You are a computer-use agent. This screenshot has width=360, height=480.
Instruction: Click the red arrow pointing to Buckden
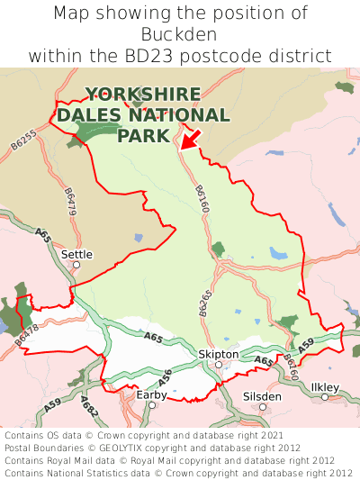pyautogui.click(x=190, y=139)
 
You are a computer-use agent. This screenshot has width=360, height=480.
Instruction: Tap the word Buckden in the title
pyautogui.click(x=180, y=34)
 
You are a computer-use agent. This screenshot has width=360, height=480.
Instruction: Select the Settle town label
pyautogui.click(x=76, y=254)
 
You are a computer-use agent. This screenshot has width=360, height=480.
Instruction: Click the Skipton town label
pyautogui.click(x=218, y=354)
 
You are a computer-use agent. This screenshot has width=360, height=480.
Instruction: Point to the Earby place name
pyautogui.click(x=151, y=394)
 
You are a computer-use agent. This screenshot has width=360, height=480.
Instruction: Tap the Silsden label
pyautogui.click(x=262, y=395)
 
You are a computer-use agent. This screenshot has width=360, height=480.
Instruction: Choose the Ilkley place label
pyautogui.click(x=325, y=386)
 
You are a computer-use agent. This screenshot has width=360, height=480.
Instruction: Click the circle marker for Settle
pyautogui.click(x=76, y=265)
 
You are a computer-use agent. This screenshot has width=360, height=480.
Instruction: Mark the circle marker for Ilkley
pyautogui.click(x=325, y=397)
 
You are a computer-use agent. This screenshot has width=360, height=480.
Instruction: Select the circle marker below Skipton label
pyautogui.click(x=218, y=365)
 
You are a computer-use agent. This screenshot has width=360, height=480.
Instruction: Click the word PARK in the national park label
pyautogui.click(x=143, y=135)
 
